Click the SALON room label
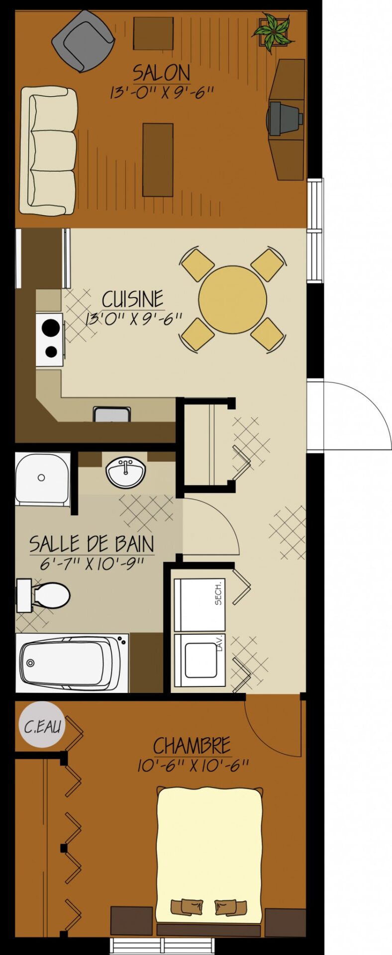point(161,73)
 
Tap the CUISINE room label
point(133,299)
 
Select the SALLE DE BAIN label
point(92,544)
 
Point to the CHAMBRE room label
point(192,746)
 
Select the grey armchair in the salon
point(83,41)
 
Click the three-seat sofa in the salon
point(48,151)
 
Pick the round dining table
point(232,299)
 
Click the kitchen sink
point(112,414)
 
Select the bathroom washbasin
point(126,473)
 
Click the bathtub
point(72,663)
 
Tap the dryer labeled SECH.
point(199,605)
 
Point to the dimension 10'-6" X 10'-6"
point(193,765)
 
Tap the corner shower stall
point(43,478)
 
